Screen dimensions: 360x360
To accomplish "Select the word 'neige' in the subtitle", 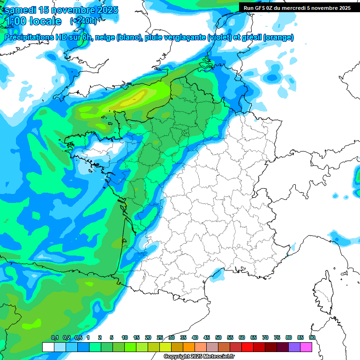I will (105, 37).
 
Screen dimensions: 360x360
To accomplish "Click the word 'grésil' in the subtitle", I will (250, 37).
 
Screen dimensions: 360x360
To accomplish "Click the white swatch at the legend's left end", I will (48, 347).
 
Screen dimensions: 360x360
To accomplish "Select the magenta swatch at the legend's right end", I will (306, 347).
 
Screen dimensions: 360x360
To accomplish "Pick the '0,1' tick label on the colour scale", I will (55, 338).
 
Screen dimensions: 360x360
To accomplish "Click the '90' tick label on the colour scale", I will (312, 338).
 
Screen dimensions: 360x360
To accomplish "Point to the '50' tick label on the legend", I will (218, 338).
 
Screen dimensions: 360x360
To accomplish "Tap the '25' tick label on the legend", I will (160, 338).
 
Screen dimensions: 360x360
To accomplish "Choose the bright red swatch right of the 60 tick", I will (247, 347).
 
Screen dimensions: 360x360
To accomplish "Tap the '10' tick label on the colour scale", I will (125, 338).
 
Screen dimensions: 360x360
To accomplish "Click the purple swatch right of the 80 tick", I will (294, 347).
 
